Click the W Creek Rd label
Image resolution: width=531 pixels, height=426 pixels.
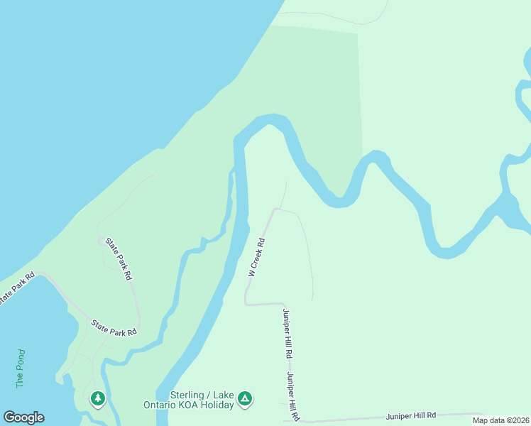pyautogui.click(x=257, y=257)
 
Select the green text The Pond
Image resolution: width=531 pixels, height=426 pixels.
pyautogui.click(x=21, y=368)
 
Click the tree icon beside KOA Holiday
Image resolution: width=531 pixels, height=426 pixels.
pyautogui.click(x=244, y=399)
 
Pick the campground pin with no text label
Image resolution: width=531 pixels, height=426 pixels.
pyautogui.click(x=98, y=398)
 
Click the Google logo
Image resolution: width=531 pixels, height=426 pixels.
pyautogui.click(x=23, y=417)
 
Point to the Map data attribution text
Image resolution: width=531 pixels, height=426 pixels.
pyautogui.click(x=500, y=420)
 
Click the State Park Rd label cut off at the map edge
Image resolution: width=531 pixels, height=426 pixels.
pyautogui.click(x=16, y=289)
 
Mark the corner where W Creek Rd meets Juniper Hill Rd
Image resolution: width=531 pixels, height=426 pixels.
pyautogui.click(x=247, y=303)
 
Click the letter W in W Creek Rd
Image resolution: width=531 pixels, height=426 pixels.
pyautogui.click(x=251, y=272)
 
